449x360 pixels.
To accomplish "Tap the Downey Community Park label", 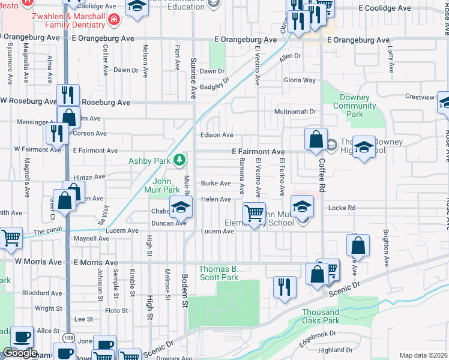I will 355,106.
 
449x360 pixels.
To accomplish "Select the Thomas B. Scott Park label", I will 218,273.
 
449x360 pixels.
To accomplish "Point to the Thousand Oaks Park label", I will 321,316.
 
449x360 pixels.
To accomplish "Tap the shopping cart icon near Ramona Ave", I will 255,213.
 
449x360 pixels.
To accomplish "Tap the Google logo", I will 20,353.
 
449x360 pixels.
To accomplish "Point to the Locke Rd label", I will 342,208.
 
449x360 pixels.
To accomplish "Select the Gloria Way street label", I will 300,80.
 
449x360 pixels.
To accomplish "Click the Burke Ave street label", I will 215,184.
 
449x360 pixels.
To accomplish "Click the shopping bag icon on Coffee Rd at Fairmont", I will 316,140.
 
